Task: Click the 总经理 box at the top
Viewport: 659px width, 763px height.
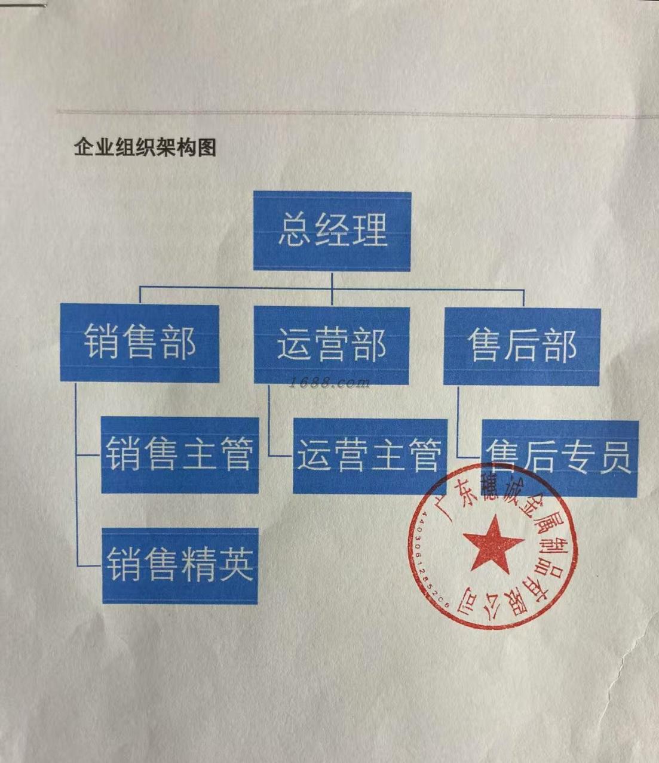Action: [332, 230]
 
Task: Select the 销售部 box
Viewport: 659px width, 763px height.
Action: [139, 343]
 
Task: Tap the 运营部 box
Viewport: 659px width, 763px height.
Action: [332, 345]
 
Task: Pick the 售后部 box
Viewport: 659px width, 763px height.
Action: [522, 346]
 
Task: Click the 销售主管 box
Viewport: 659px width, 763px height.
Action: [180, 455]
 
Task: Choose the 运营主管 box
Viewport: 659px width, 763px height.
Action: [370, 456]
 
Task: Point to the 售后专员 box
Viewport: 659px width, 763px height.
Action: [559, 458]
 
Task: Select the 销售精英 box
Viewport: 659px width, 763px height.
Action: [180, 565]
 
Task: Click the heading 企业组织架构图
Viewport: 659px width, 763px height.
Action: [145, 147]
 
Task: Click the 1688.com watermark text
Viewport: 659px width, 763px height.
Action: [329, 383]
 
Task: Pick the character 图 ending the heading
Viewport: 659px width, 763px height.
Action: [207, 147]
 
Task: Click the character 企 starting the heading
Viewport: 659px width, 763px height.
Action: [82, 147]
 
